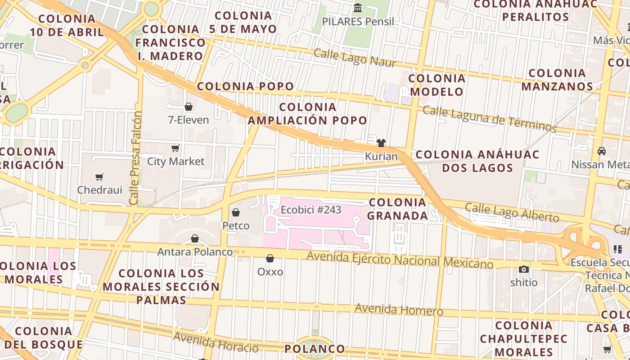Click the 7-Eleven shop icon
pyautogui.click(x=189, y=107)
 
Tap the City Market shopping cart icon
pyautogui.click(x=175, y=148)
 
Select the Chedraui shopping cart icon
pyautogui.click(x=99, y=177)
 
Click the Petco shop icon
pyautogui.click(x=236, y=212)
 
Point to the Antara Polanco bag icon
pyautogui.click(x=195, y=238)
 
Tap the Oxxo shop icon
pyautogui.click(x=270, y=258)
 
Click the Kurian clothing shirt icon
pyautogui.click(x=381, y=143)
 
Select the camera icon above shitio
pyautogui.click(x=524, y=269)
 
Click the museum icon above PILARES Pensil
pyautogui.click(x=358, y=8)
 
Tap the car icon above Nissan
pyautogui.click(x=602, y=151)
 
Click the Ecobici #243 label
pyautogui.click(x=311, y=210)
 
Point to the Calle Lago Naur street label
pyautogui.click(x=355, y=58)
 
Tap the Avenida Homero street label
pyautogui.click(x=399, y=310)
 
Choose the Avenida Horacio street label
pyautogui.click(x=216, y=342)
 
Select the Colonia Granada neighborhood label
pyautogui.click(x=398, y=209)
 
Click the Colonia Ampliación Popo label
pyautogui.click(x=308, y=114)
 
